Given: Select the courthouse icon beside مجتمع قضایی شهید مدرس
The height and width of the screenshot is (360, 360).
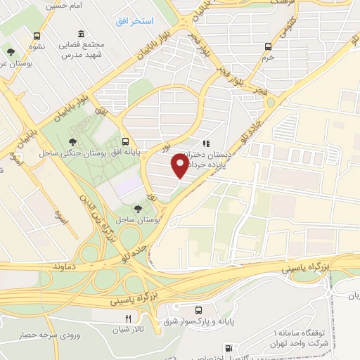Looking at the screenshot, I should pyautogui.click(x=82, y=34).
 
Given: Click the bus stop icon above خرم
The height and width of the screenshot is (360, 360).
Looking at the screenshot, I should pyautogui.click(x=267, y=46).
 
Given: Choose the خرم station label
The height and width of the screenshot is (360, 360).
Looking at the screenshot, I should pyautogui.click(x=267, y=58).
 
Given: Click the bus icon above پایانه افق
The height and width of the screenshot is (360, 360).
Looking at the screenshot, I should pyautogui.click(x=124, y=141).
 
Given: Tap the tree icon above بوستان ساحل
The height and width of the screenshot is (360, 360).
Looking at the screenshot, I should pyautogui.click(x=138, y=208).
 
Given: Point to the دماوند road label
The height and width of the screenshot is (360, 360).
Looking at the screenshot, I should pyautogui.click(x=75, y=268).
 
